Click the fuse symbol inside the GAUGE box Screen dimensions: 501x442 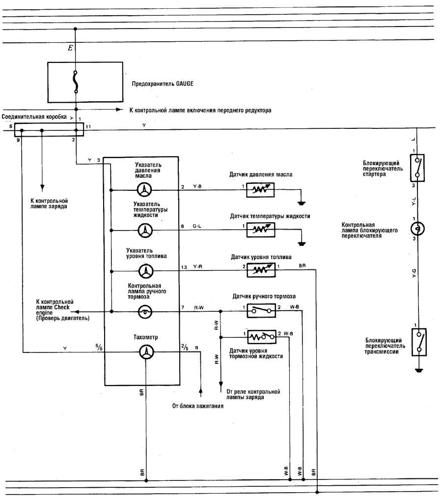tap(75, 82)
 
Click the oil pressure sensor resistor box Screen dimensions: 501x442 tap(261, 189)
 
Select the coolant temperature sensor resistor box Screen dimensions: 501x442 tap(261, 230)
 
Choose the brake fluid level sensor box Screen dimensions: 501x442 tap(261, 337)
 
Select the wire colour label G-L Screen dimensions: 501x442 tap(197, 226)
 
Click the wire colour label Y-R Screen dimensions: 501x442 tap(198, 267)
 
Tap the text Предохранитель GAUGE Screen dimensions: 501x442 tap(162, 84)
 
